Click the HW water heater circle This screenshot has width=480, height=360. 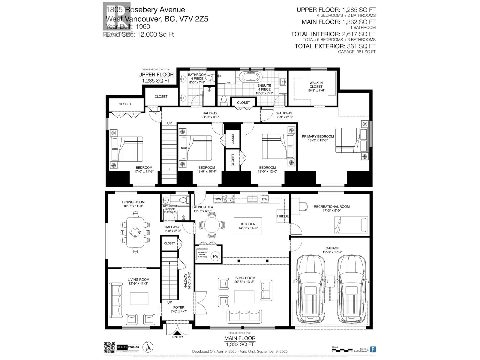[215, 256]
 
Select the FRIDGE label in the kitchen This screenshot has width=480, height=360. [283, 216]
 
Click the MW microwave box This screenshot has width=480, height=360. [218, 199]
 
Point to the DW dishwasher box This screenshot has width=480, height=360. [264, 199]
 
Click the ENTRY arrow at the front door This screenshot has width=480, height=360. [178, 333]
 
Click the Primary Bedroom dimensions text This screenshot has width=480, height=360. [318, 140]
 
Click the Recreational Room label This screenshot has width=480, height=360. [331, 206]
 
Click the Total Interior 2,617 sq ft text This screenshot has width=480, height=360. [333, 34]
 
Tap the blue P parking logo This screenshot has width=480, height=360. [373, 349]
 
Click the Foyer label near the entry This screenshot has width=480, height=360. [178, 307]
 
